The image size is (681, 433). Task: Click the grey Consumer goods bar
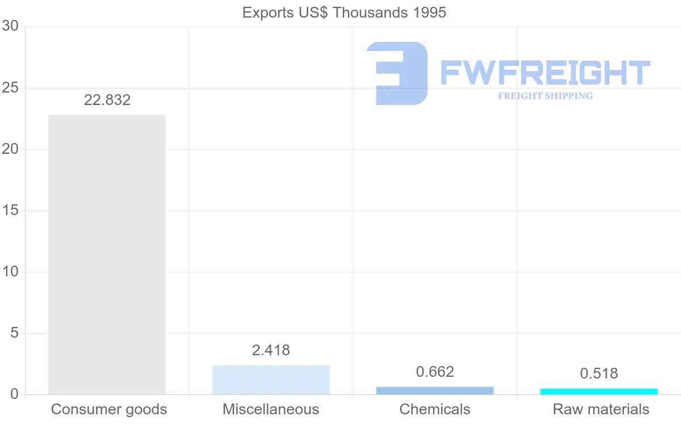107,254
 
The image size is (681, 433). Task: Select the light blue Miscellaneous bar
271,380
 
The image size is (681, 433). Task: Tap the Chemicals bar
435,390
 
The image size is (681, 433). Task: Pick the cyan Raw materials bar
599,392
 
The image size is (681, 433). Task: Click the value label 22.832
107,100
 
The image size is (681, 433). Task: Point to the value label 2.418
271,351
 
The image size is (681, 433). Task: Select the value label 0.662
435,372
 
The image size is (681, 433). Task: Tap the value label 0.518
599,374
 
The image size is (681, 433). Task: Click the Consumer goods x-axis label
109,410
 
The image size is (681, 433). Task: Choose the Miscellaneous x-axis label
271,410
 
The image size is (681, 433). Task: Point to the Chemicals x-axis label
435,410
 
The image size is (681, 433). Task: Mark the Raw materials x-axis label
600,410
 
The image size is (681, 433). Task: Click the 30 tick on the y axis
10,27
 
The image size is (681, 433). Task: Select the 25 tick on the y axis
10,88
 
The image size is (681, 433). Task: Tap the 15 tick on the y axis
10,211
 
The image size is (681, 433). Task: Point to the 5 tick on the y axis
14,333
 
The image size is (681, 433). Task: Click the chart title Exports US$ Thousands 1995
344,12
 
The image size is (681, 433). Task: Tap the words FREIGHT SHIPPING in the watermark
545,96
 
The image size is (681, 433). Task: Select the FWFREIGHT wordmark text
545,73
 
